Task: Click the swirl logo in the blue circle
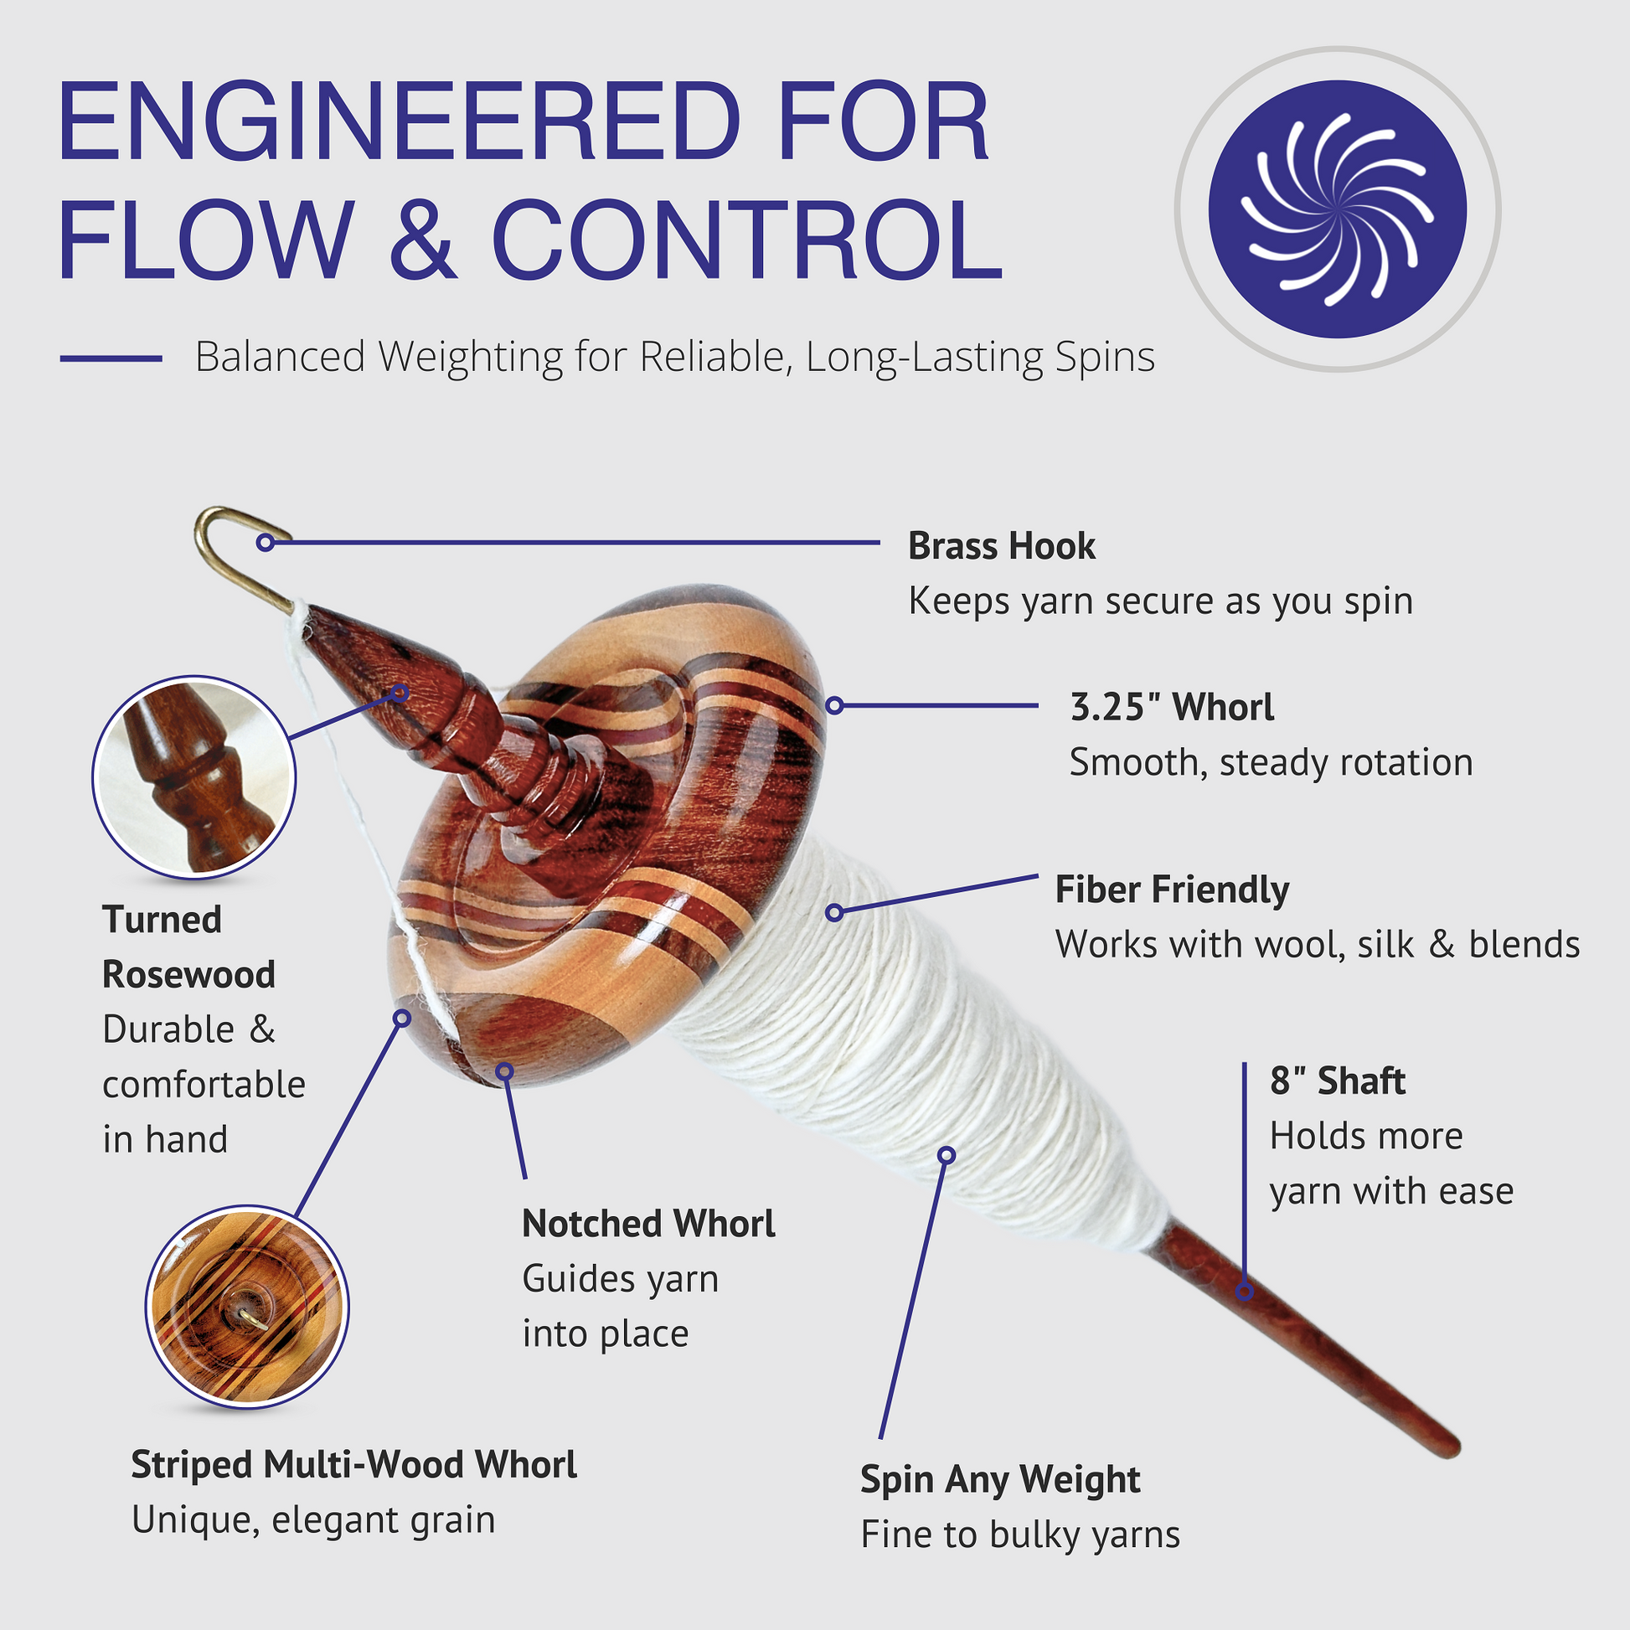click(1337, 209)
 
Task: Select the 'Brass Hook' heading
click(1001, 546)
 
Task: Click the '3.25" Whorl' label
click(1171, 707)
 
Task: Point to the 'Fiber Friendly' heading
click(1172, 890)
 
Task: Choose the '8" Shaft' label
click(1337, 1081)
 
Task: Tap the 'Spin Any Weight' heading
click(1000, 1479)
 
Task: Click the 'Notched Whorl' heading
click(648, 1224)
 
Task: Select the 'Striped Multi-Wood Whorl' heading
click(353, 1465)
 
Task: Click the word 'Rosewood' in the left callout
click(189, 974)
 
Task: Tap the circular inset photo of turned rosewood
click(194, 777)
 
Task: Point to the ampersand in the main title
click(423, 239)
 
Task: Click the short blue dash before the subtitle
click(111, 358)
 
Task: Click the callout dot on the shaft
click(1245, 1292)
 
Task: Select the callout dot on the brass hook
click(266, 543)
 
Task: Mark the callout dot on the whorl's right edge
click(834, 705)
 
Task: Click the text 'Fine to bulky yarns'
click(1019, 1535)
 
